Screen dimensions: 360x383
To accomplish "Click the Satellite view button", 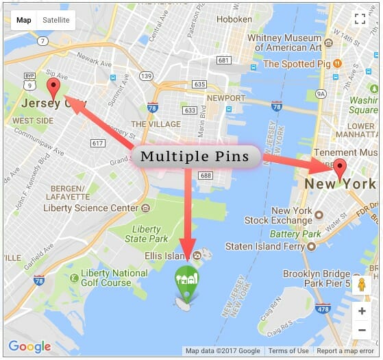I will [x=55, y=21].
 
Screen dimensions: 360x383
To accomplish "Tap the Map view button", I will [x=24, y=21].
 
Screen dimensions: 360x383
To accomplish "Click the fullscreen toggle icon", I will [x=361, y=19].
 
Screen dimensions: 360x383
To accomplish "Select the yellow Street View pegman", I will [x=361, y=285].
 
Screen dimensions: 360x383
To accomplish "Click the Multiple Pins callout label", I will [x=195, y=156].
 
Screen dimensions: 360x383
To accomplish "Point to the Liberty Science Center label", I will [x=90, y=208].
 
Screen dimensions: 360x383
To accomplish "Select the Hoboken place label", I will [x=234, y=19].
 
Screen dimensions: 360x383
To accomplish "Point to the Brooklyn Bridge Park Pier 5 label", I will [x=326, y=278].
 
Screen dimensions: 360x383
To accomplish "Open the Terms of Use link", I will [x=288, y=351].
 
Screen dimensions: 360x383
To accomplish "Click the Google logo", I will [x=29, y=346].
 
